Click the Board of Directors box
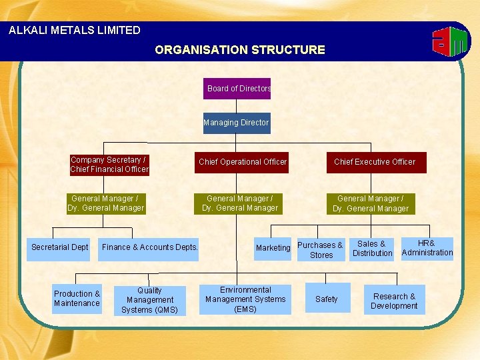click(237, 89)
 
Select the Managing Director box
click(237, 123)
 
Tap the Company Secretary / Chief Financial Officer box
click(109, 165)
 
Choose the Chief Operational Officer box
click(242, 162)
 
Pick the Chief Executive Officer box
click(374, 162)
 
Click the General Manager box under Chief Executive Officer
click(371, 203)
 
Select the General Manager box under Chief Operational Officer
click(240, 203)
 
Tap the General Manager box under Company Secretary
click(106, 203)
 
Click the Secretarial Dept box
click(59, 248)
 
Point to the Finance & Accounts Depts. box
click(150, 248)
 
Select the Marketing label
click(273, 248)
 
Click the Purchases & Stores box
click(321, 249)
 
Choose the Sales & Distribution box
click(372, 249)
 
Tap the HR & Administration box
click(427, 248)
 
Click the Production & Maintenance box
click(77, 299)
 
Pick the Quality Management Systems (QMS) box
click(149, 300)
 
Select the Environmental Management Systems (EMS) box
click(245, 299)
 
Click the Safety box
click(327, 299)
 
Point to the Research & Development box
click(394, 301)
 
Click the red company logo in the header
click(451, 43)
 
